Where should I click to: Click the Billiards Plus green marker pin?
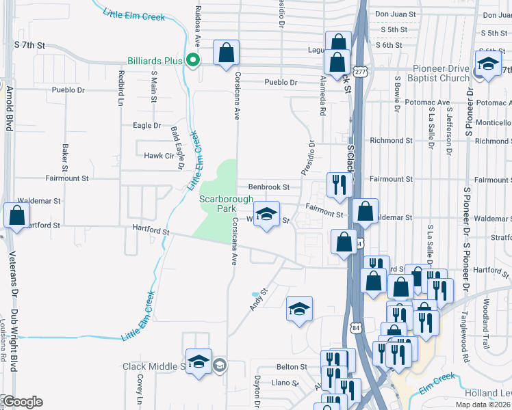click(193, 60)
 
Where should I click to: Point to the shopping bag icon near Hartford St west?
click(16, 215)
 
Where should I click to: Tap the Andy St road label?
click(257, 300)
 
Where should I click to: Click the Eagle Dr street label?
click(146, 126)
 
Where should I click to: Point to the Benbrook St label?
click(269, 187)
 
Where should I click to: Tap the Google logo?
click(23, 402)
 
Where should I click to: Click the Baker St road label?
click(66, 157)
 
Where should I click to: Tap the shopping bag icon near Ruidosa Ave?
click(226, 53)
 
